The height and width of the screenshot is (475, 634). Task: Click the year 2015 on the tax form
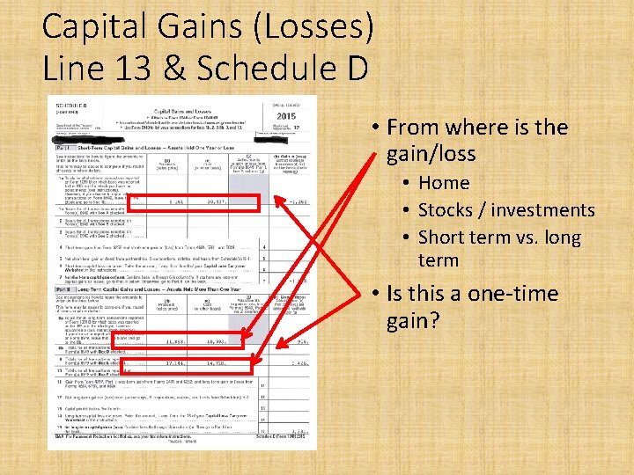pos(286,117)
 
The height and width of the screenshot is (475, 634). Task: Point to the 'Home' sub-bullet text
pos(444,183)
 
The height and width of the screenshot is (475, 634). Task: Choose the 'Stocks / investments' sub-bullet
pos(506,210)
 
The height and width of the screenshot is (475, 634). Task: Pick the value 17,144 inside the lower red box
pos(175,362)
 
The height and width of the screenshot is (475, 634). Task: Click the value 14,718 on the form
pos(217,362)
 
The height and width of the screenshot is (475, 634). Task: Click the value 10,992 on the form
pos(217,340)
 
